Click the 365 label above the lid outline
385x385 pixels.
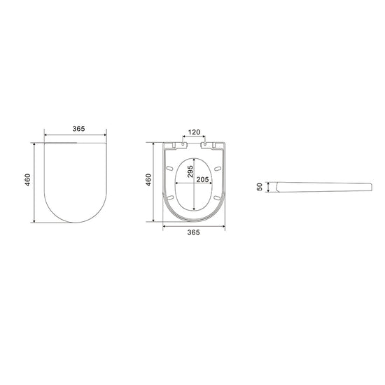(78, 129)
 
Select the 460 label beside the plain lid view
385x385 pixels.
(27, 180)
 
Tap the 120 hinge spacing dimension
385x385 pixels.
(194, 132)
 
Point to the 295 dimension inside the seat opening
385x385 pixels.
(190, 171)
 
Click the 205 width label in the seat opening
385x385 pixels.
(202, 179)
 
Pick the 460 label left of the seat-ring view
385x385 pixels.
(148, 180)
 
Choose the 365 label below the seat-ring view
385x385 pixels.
(193, 232)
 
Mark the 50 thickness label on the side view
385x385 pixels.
(260, 187)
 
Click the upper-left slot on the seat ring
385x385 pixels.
(169, 168)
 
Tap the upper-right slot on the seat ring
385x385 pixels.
(218, 169)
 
